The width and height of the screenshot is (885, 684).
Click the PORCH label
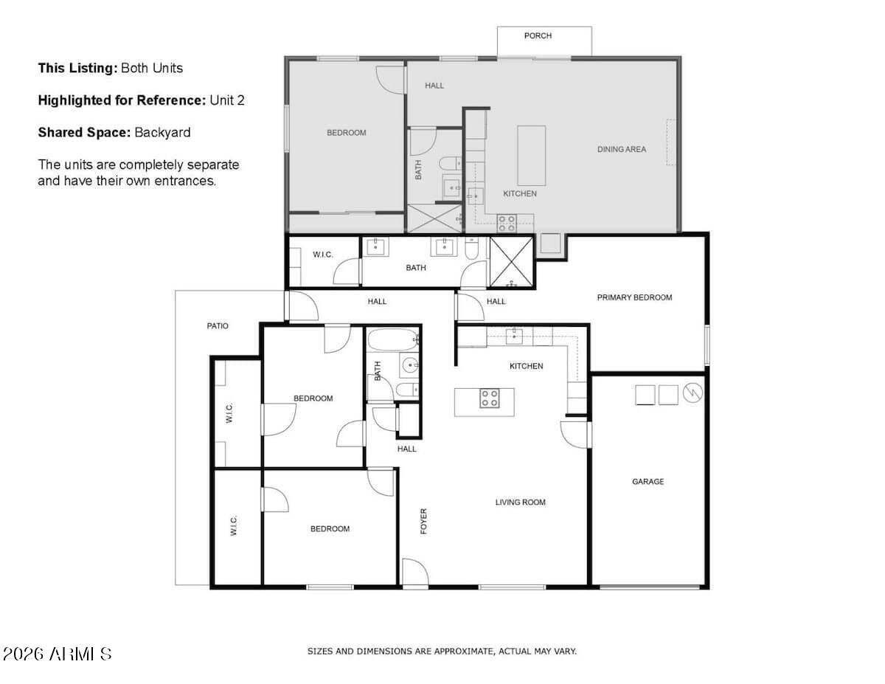(538, 36)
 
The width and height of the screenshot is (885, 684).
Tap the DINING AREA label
(622, 150)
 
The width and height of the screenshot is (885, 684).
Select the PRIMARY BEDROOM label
(634, 298)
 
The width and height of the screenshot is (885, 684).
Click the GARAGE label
(648, 482)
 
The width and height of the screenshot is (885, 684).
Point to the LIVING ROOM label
(520, 502)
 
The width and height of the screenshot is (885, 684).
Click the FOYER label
(423, 521)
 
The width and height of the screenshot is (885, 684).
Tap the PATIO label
(218, 326)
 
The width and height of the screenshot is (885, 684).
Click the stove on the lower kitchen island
(490, 398)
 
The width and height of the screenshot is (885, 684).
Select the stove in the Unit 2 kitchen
(506, 224)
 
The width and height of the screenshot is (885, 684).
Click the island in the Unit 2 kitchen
(532, 156)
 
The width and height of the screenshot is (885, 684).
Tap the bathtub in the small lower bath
(393, 340)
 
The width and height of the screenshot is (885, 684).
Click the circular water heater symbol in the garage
(693, 393)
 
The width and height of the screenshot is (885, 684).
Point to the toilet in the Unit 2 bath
(451, 164)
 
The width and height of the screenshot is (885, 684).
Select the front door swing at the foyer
(415, 573)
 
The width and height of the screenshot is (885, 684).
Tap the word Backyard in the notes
(162, 133)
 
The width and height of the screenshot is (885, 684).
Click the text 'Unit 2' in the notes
(227, 100)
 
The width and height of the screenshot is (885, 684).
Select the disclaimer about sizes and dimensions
(442, 652)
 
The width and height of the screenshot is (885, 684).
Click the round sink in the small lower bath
(409, 365)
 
